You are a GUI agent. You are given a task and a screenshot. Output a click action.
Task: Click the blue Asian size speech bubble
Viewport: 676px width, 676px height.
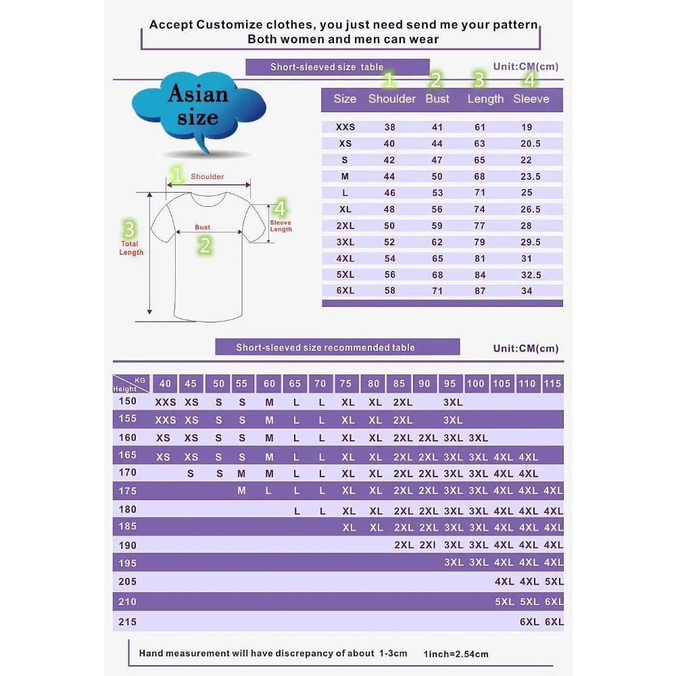tap(199, 107)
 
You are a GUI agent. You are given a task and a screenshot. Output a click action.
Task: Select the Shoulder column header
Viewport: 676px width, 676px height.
tap(392, 99)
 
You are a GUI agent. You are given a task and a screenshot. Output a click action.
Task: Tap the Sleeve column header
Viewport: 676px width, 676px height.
tap(531, 99)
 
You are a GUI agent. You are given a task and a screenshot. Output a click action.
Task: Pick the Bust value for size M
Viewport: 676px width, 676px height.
tap(437, 176)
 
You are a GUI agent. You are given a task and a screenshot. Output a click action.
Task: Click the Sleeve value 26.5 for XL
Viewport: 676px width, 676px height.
tap(530, 209)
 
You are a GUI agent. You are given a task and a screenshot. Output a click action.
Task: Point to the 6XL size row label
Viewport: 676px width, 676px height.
tap(345, 291)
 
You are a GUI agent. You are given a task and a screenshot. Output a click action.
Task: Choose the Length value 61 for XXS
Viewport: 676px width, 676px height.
tap(480, 127)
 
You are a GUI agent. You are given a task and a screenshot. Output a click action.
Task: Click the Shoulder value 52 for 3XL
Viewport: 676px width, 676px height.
tap(389, 242)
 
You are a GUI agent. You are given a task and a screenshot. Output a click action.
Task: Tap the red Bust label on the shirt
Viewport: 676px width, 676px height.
tap(203, 227)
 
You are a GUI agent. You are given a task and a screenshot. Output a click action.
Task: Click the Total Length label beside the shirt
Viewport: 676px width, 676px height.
tap(131, 248)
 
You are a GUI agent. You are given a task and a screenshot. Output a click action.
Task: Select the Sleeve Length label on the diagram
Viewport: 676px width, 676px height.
tap(281, 226)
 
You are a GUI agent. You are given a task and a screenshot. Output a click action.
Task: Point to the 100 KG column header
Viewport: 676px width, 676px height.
tap(475, 383)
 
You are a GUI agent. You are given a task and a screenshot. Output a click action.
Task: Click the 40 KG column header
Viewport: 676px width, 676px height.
tap(165, 383)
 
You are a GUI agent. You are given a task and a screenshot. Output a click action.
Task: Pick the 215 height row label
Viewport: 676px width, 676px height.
tap(128, 622)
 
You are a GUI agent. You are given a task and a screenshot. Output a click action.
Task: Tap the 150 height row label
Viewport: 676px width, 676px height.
tap(128, 401)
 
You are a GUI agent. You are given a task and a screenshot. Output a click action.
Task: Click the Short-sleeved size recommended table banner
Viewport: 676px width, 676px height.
tap(337, 347)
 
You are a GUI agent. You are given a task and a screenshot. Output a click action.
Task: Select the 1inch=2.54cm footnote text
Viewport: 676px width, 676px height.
tap(456, 654)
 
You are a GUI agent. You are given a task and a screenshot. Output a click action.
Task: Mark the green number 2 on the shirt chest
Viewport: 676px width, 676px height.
tap(205, 245)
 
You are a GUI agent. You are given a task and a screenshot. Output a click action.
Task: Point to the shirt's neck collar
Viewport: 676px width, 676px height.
tap(208, 199)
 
